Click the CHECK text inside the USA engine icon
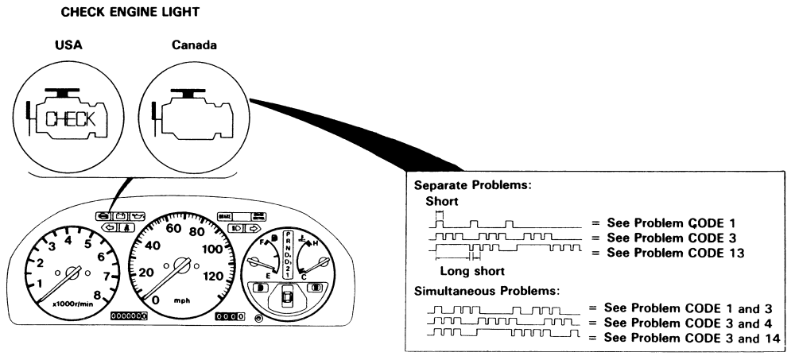pyautogui.click(x=72, y=120)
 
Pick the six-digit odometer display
pyautogui.click(x=129, y=316)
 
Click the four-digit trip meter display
pyautogui.click(x=231, y=316)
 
